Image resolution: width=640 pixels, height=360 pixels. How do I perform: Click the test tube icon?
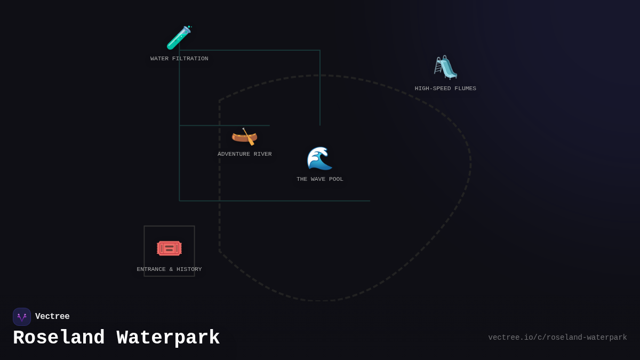[x=179, y=37]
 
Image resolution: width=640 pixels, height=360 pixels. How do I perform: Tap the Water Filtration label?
[x=179, y=59]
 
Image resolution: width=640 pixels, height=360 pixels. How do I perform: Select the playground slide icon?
[x=445, y=67]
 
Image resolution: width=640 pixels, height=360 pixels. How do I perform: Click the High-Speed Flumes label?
[x=445, y=89]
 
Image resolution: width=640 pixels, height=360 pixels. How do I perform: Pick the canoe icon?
[x=245, y=137]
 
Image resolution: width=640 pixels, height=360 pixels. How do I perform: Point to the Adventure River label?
[x=245, y=154]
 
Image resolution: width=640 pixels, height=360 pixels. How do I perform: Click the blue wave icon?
[x=319, y=158]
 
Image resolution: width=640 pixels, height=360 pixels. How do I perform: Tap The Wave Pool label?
[x=319, y=179]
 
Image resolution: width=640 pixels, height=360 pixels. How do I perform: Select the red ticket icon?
[x=169, y=249]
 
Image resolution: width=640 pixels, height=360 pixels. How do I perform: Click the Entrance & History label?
[x=169, y=269]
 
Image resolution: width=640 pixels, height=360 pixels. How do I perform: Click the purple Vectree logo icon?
[x=22, y=317]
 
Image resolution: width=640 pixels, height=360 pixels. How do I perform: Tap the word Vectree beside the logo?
[x=52, y=316]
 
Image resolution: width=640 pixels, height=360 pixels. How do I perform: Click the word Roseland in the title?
[x=59, y=338]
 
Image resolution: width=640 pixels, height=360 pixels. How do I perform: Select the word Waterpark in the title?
[x=169, y=338]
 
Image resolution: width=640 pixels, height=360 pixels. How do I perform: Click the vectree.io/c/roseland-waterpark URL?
[x=557, y=338]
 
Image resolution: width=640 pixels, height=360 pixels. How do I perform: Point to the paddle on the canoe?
[x=249, y=137]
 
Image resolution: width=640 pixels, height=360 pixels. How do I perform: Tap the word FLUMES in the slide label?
[x=465, y=89]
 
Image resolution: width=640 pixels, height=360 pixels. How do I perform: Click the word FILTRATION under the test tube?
[x=190, y=59]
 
